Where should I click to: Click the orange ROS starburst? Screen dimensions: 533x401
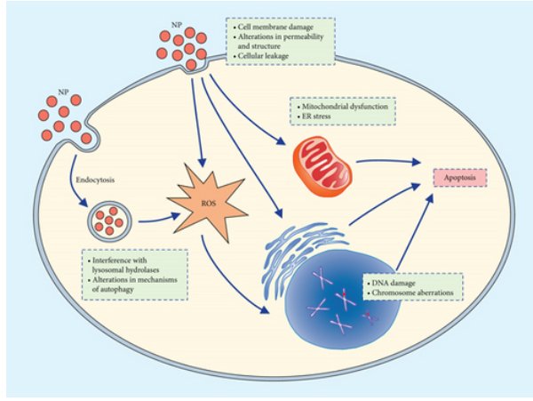(207, 204)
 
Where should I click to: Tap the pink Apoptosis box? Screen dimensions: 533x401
(460, 178)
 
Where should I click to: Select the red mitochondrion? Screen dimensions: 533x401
(322, 166)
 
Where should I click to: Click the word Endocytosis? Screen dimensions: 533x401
(95, 180)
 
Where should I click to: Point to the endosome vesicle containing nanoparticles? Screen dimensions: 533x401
(109, 221)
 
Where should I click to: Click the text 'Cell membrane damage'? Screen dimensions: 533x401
(275, 27)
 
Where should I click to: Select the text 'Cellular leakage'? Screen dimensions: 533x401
(263, 56)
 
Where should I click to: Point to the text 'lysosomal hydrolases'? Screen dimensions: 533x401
(126, 270)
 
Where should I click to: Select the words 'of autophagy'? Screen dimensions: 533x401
(113, 290)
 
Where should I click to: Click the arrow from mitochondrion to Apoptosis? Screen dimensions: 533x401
(388, 161)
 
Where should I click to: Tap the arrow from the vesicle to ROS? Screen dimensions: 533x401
(159, 219)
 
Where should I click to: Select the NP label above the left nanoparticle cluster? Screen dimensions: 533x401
(63, 92)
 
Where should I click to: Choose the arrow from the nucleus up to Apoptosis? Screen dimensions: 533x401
(415, 232)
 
